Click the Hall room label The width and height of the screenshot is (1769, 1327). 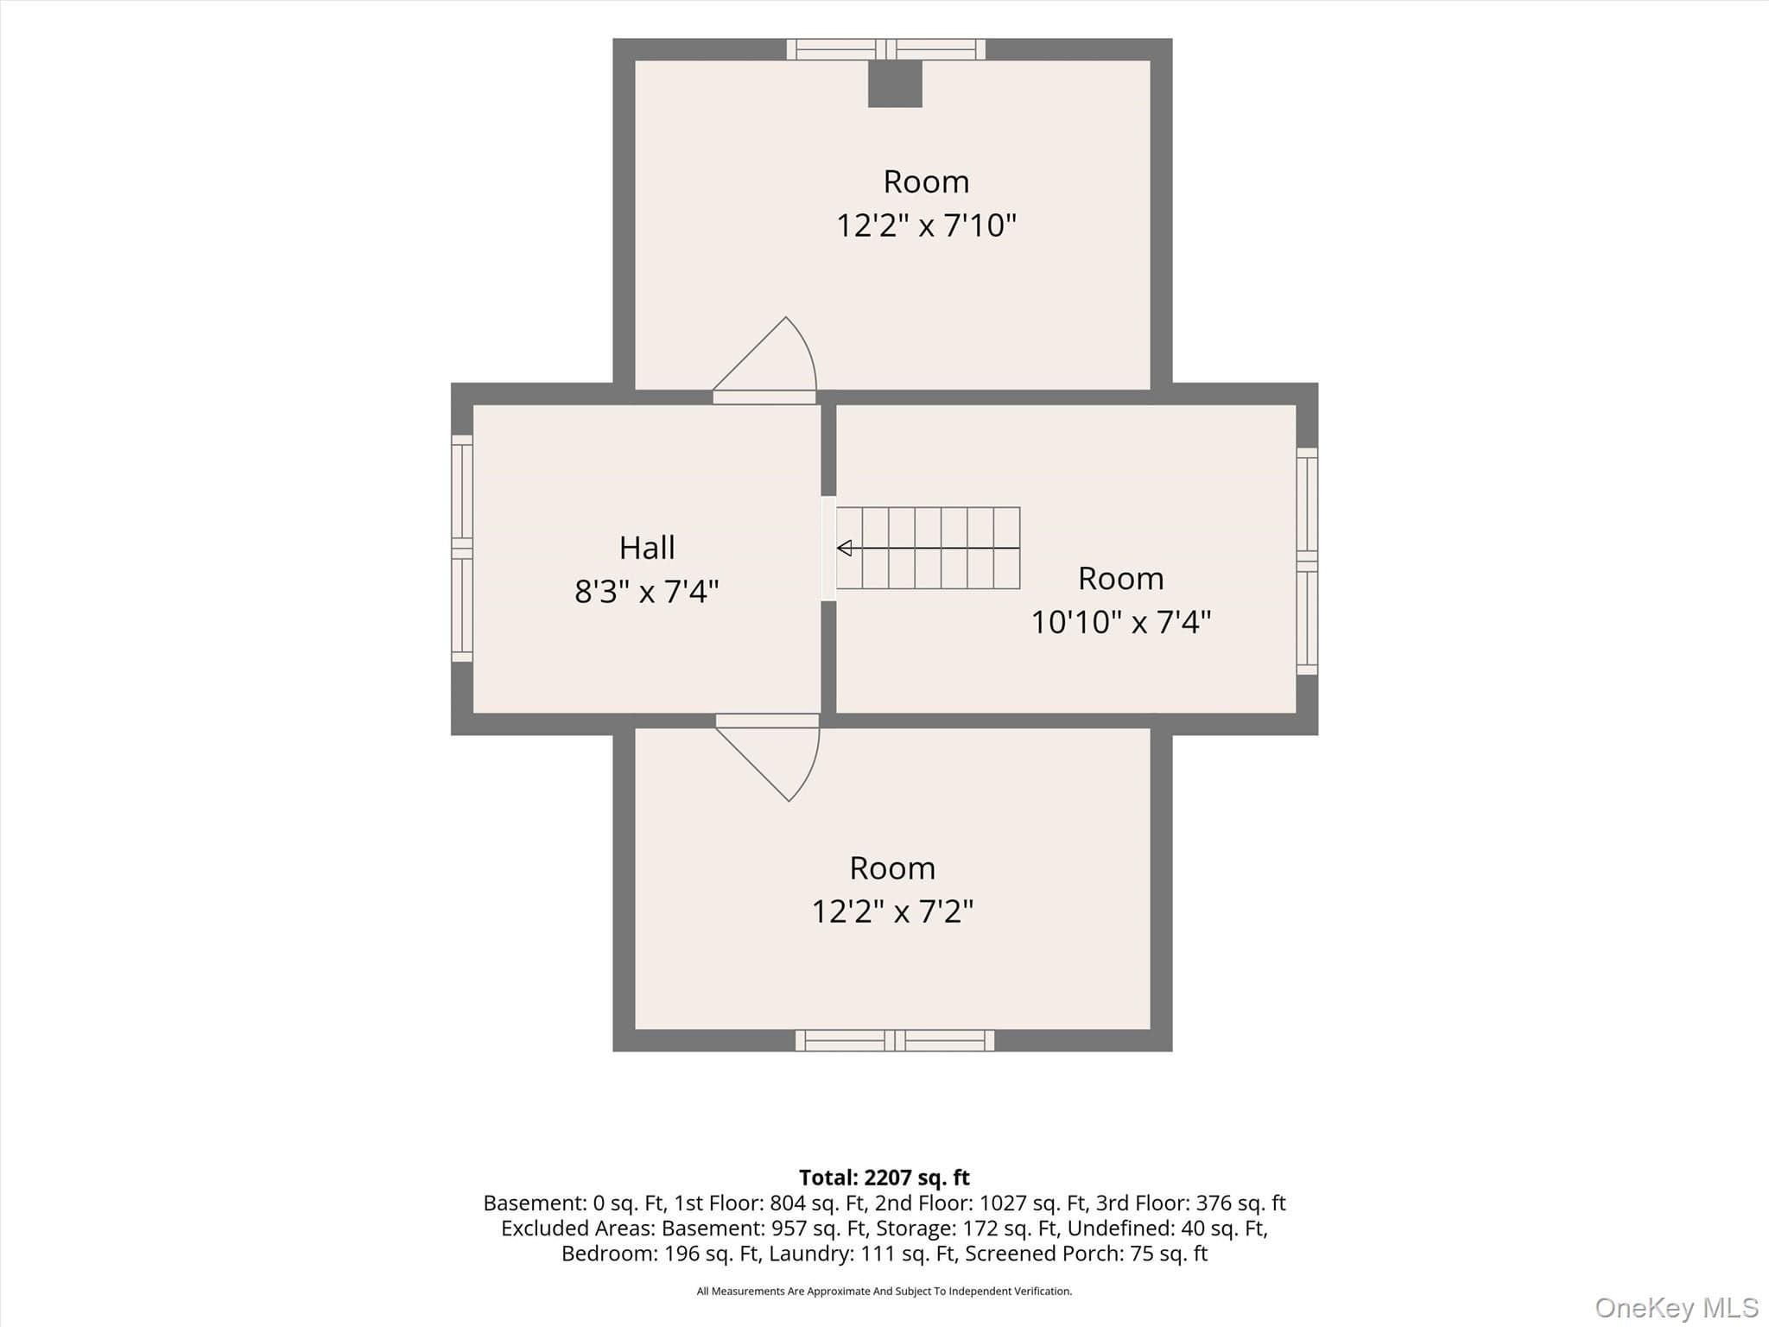pos(647,548)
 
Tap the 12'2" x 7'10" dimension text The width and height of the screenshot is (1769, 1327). pos(926,225)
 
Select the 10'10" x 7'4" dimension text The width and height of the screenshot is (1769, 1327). pos(1121,622)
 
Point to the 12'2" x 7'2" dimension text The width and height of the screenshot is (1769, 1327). pos(892,911)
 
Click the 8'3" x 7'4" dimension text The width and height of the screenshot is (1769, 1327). pos(647,592)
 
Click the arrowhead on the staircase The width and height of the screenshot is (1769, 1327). pos(845,548)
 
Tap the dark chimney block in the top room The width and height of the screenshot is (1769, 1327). pos(895,84)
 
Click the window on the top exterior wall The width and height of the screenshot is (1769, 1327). pos(886,49)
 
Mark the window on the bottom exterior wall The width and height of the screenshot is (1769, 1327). pos(895,1040)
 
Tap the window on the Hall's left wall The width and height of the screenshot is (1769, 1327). pos(462,549)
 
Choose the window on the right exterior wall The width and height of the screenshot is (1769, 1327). pos(1307,561)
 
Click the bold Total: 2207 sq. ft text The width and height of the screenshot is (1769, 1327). pos(884,1178)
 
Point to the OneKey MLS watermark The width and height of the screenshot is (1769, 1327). pos(1677,1307)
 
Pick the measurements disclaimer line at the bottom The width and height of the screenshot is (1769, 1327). pos(884,1292)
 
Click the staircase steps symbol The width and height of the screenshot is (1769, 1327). pos(929,548)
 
